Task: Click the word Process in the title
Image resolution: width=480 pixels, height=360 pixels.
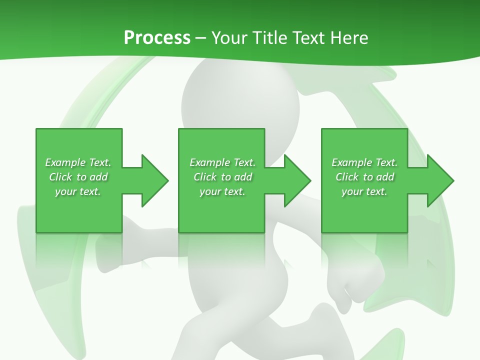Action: (157, 38)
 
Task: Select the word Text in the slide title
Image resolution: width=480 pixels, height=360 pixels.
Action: (308, 38)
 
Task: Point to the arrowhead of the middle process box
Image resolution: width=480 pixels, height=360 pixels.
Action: (297, 180)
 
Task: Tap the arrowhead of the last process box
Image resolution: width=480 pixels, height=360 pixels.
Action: (440, 180)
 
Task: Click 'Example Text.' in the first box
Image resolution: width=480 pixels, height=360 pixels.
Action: (78, 162)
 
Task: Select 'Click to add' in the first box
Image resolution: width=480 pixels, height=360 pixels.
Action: (78, 177)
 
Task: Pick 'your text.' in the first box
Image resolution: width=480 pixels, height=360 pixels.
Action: (78, 191)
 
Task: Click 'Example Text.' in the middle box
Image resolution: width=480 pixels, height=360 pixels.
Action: (222, 162)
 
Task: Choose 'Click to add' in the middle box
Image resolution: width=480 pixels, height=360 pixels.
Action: (222, 177)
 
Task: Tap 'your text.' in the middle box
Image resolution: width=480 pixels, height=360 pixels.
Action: (222, 191)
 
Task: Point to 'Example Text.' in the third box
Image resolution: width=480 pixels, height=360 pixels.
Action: (364, 162)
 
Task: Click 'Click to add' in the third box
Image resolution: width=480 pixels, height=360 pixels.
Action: (364, 177)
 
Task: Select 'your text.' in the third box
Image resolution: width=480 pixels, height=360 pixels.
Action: (364, 191)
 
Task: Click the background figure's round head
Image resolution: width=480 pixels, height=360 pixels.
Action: (240, 100)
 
